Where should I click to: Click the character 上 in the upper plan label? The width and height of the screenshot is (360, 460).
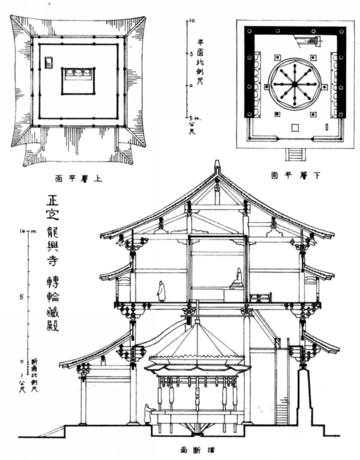pyautogui.click(x=97, y=179)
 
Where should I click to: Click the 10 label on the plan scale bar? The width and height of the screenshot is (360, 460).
pyautogui.click(x=192, y=21)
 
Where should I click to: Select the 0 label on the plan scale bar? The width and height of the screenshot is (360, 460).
pyautogui.click(x=191, y=86)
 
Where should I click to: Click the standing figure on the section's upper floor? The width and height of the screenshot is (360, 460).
pyautogui.click(x=161, y=291)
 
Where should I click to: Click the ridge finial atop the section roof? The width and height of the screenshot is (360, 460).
pyautogui.click(x=217, y=165)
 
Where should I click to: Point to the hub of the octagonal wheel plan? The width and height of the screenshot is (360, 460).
pyautogui.click(x=294, y=85)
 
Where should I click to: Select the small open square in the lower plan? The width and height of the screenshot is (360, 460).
pyautogui.click(x=295, y=128)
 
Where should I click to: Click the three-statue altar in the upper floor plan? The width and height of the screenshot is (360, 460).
pyautogui.click(x=78, y=74)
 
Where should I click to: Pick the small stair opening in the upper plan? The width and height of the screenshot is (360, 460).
pyautogui.click(x=49, y=62)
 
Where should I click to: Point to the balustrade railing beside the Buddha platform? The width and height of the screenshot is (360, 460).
pyautogui.click(x=261, y=297)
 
